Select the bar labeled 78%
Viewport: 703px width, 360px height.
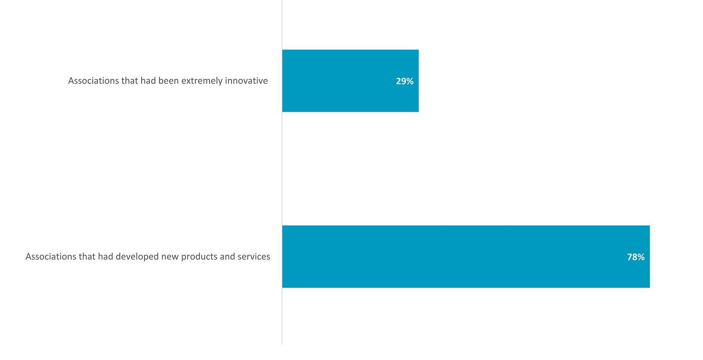465,256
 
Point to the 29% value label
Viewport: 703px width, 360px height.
404,81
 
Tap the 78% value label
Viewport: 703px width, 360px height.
635,257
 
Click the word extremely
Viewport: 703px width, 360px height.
202,81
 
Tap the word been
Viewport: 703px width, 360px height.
168,81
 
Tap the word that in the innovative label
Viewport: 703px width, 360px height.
130,81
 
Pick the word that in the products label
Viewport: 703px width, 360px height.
87,256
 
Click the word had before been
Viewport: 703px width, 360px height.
148,81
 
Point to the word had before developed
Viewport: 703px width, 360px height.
106,256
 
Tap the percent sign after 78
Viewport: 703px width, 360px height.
641,257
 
